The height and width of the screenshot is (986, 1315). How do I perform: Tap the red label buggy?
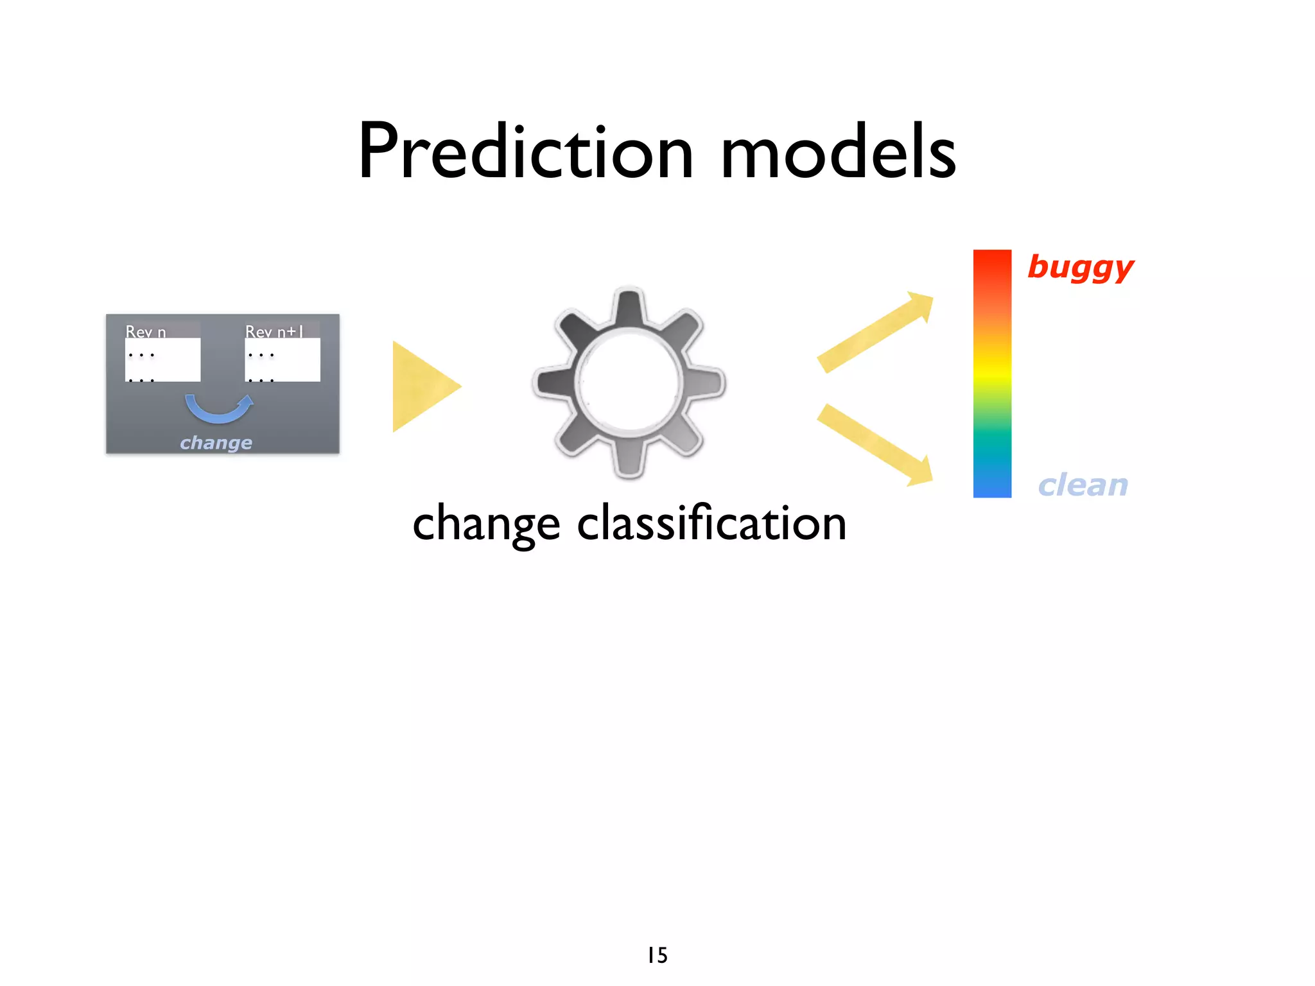pos(1081,267)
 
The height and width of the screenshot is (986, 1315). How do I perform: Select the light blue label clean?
pos(1083,485)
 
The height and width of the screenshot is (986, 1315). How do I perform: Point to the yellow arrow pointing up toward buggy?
pos(876,331)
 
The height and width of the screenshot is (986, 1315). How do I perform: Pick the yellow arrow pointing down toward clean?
pos(876,444)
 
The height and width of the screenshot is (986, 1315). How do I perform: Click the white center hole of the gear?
pos(629,383)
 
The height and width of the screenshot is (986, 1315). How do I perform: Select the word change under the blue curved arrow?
pos(216,443)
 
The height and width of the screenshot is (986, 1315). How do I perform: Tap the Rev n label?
pos(146,332)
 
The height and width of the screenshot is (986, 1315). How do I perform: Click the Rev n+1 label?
pos(274,332)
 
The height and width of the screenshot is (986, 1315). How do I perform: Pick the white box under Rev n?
pos(163,361)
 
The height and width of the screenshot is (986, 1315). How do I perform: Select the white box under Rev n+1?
pos(283,361)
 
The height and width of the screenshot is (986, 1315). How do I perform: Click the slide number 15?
pos(657,955)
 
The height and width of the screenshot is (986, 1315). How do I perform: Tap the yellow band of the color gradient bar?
pos(992,372)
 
